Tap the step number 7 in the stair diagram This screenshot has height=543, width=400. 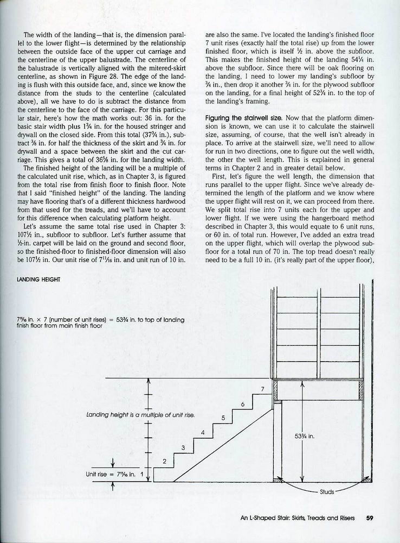262,389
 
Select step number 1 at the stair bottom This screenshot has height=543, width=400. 142,474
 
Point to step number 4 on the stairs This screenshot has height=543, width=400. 203,433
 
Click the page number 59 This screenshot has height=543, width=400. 370,517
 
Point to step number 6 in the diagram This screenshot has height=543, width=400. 242,403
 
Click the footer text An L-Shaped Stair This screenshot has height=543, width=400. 298,517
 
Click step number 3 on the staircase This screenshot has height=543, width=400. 183,447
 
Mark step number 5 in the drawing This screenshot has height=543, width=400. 223,418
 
